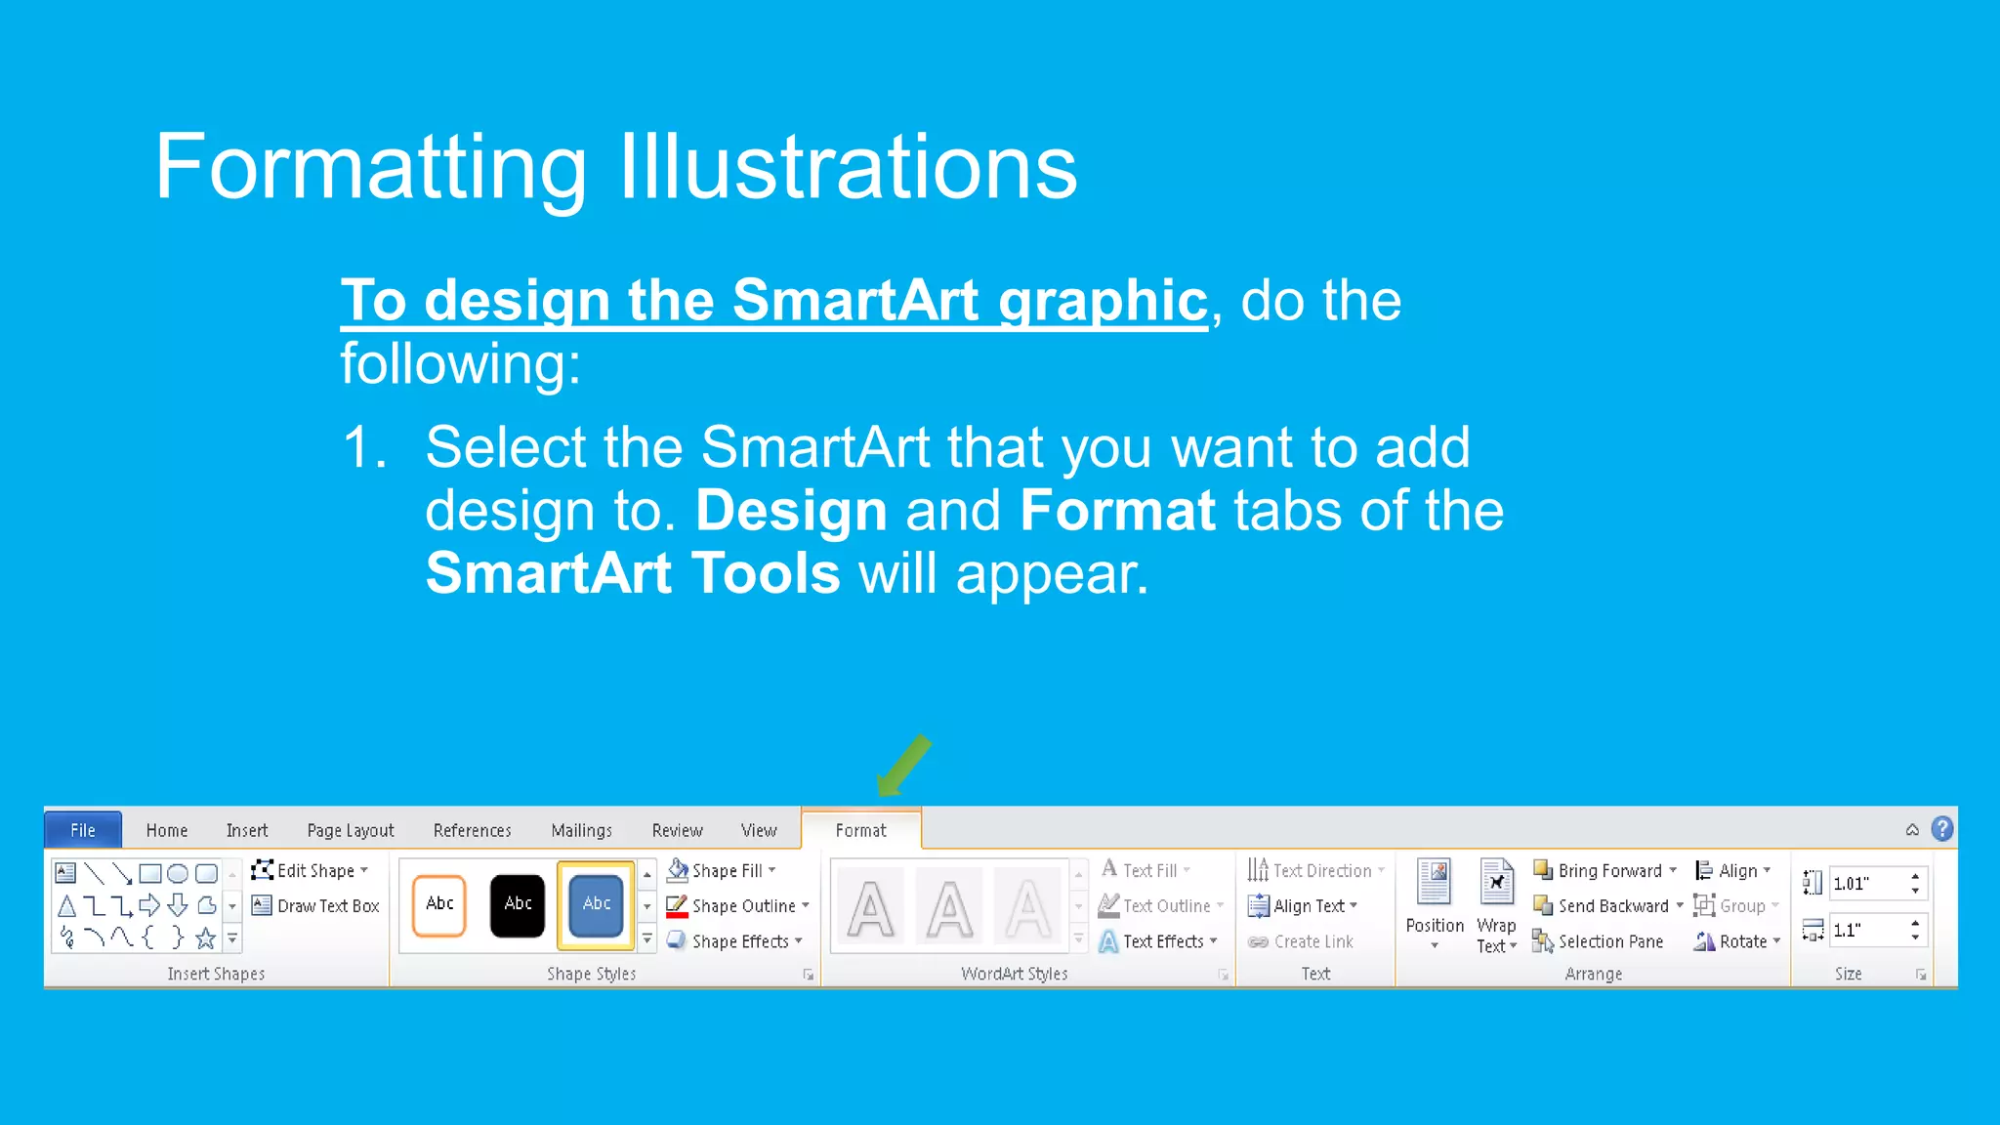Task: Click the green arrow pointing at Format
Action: click(x=903, y=766)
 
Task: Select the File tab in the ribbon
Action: click(x=83, y=830)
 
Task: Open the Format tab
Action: click(x=860, y=830)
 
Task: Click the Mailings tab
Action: click(x=581, y=830)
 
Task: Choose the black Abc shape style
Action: click(x=518, y=904)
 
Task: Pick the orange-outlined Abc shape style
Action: click(x=439, y=904)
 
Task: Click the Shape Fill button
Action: click(x=723, y=870)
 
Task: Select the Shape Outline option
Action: click(x=738, y=906)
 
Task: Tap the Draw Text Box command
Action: click(x=316, y=906)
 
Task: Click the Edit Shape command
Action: click(x=311, y=870)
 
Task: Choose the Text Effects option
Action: click(x=1159, y=941)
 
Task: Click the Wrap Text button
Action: click(x=1496, y=905)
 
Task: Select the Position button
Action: click(x=1434, y=905)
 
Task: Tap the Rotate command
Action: click(x=1737, y=941)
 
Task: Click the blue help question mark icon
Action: click(x=1942, y=829)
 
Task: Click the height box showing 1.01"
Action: click(x=1865, y=884)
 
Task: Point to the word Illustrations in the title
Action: click(x=848, y=168)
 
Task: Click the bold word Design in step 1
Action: click(x=791, y=511)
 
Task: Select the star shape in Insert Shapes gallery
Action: click(x=205, y=938)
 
